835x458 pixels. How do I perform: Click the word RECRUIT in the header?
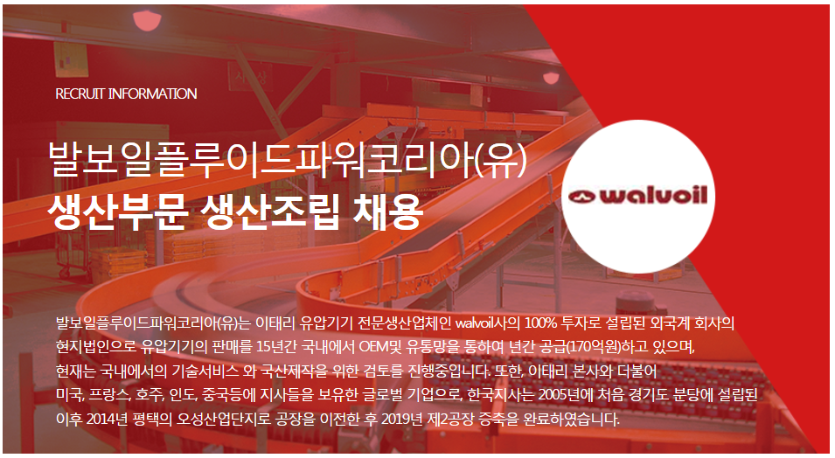80,94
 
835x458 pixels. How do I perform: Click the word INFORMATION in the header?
152,94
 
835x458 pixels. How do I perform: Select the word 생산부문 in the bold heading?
117,212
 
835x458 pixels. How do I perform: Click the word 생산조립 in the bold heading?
269,212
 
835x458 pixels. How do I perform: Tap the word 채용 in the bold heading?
387,212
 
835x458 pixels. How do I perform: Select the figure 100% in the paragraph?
540,323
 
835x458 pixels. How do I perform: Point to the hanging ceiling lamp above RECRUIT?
148,20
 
